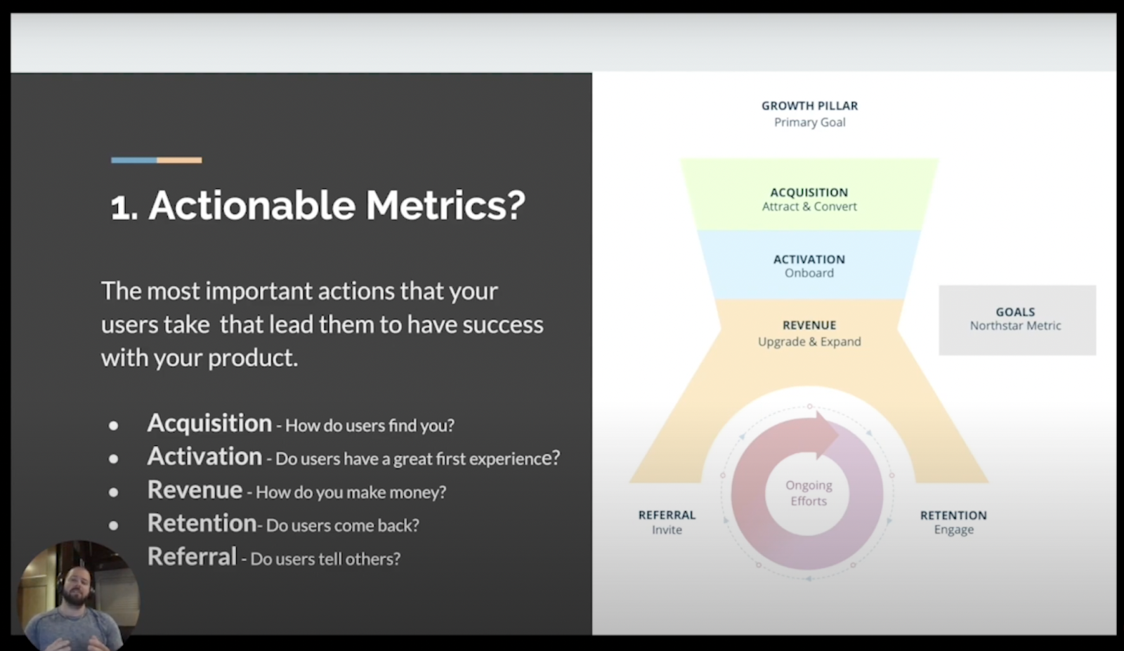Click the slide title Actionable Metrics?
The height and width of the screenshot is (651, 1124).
click(x=318, y=205)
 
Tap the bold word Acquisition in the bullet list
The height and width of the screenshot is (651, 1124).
click(x=210, y=423)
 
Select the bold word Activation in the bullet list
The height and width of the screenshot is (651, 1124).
click(x=204, y=456)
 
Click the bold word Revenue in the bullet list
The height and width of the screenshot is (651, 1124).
click(x=195, y=489)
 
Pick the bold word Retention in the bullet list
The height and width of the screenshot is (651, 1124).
click(x=202, y=523)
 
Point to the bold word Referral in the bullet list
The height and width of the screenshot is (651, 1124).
click(x=192, y=556)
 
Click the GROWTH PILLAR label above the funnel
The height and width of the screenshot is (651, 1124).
click(x=809, y=106)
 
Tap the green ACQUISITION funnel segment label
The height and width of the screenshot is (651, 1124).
click(x=809, y=192)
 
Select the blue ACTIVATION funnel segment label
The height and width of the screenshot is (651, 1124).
click(x=809, y=259)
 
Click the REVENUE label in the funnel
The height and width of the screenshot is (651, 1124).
click(x=809, y=325)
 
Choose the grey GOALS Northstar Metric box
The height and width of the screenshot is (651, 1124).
click(x=1017, y=320)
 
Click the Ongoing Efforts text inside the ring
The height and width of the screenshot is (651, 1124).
click(x=809, y=493)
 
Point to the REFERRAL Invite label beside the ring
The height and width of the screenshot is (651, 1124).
click(x=667, y=522)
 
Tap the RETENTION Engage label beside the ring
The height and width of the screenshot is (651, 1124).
click(x=953, y=522)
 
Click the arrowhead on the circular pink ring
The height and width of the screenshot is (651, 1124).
click(x=825, y=435)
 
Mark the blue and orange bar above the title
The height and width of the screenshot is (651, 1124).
click(x=157, y=160)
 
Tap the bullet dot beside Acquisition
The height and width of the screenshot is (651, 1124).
click(x=113, y=426)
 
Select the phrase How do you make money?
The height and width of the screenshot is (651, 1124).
click(x=351, y=492)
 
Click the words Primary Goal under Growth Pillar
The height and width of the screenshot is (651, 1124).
click(x=809, y=122)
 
